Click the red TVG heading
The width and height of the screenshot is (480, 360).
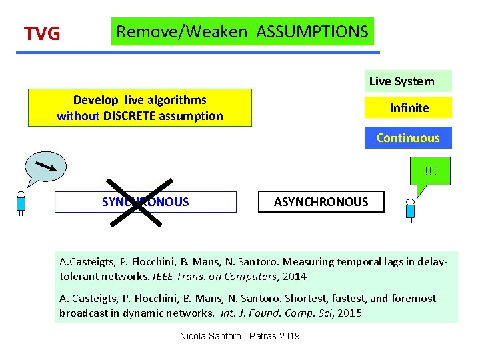click(42, 33)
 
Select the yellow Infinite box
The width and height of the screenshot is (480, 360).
click(409, 107)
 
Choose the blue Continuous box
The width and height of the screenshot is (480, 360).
click(408, 138)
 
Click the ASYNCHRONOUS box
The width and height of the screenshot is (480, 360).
click(321, 201)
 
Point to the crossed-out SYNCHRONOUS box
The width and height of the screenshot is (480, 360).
click(145, 201)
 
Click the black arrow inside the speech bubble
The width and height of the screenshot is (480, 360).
click(45, 166)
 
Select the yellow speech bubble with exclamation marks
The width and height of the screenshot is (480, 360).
click(430, 175)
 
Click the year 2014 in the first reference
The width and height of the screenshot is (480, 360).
click(294, 276)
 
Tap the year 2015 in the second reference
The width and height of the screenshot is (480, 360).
click(349, 312)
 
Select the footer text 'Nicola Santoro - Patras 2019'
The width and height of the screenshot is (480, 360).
click(240, 335)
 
